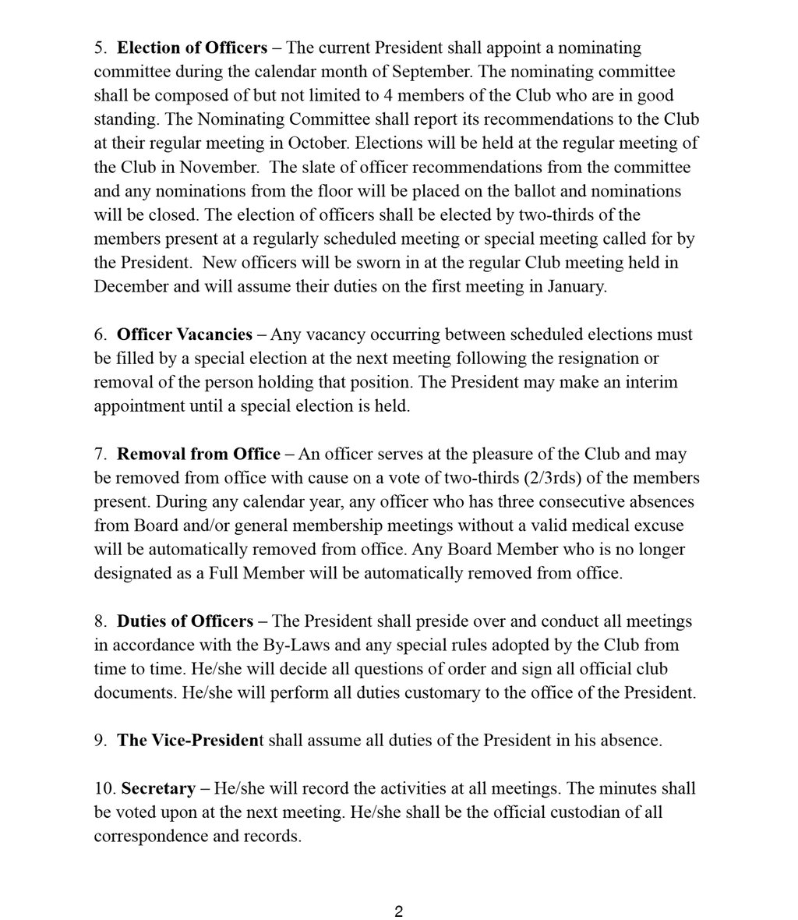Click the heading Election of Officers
coord(192,48)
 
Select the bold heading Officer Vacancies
coord(185,334)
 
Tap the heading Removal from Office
coord(199,454)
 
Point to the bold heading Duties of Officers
coord(185,621)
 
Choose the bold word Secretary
coord(158,789)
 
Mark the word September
coord(434,72)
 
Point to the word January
coord(573,287)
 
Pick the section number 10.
coord(104,789)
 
